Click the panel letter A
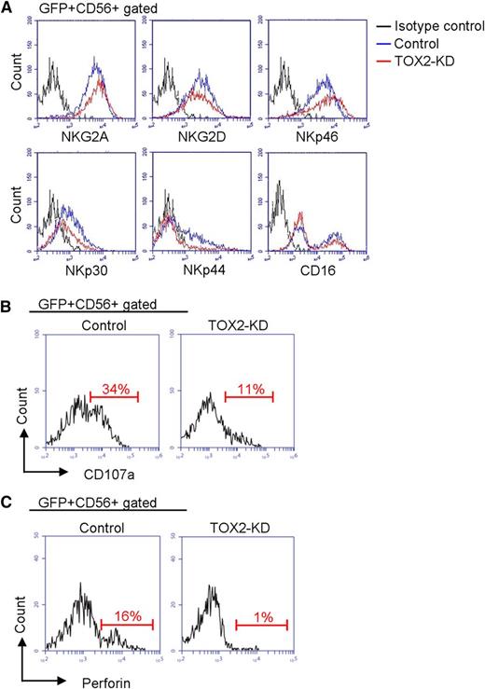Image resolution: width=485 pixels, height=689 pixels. pyautogui.click(x=8, y=9)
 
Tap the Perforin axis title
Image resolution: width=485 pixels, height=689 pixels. pyautogui.click(x=71, y=682)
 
